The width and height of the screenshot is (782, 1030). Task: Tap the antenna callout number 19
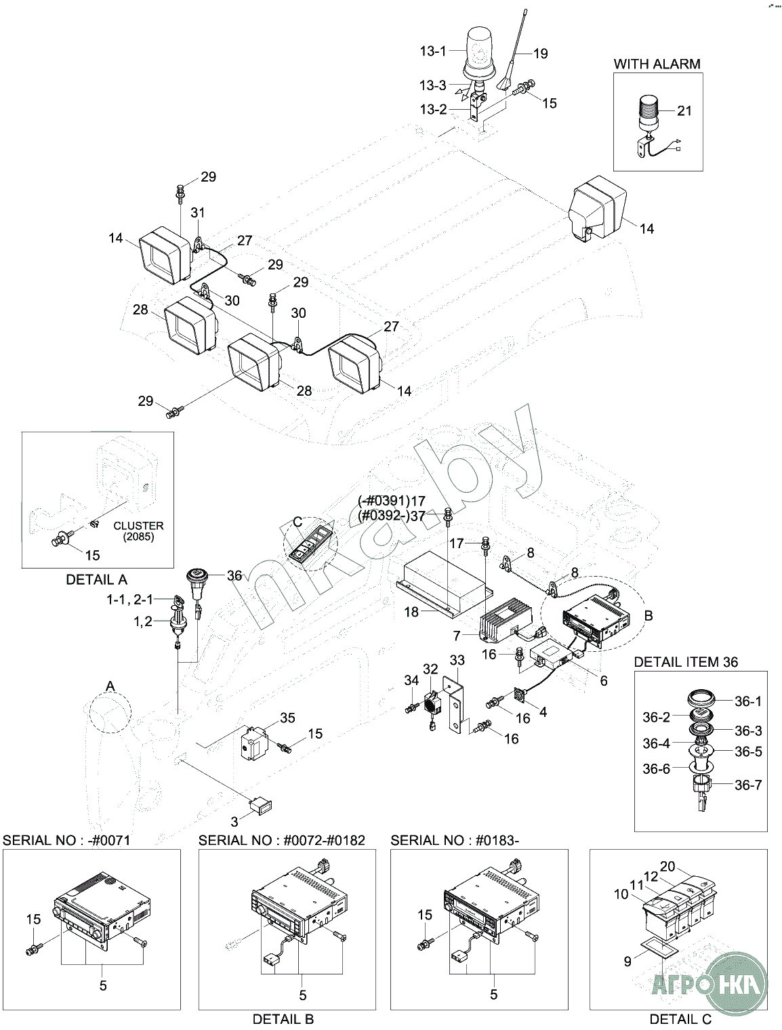click(540, 54)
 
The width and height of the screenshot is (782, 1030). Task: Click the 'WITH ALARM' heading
click(657, 64)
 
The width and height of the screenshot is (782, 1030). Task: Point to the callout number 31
click(197, 213)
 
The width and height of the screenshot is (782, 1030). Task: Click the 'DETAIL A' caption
click(96, 579)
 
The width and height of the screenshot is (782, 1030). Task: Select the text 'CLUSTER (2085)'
click(138, 531)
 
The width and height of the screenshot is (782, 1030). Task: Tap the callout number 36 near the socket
click(234, 575)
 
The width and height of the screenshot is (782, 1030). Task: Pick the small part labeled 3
click(262, 805)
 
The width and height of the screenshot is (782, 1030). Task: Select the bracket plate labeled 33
click(455, 705)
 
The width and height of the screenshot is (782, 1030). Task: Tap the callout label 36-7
click(748, 785)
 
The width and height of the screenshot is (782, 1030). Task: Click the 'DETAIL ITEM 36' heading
click(686, 661)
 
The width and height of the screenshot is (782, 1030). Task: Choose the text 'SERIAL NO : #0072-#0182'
click(282, 840)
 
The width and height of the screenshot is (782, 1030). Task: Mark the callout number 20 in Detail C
click(667, 866)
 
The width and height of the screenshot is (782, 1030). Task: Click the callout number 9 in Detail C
click(627, 960)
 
